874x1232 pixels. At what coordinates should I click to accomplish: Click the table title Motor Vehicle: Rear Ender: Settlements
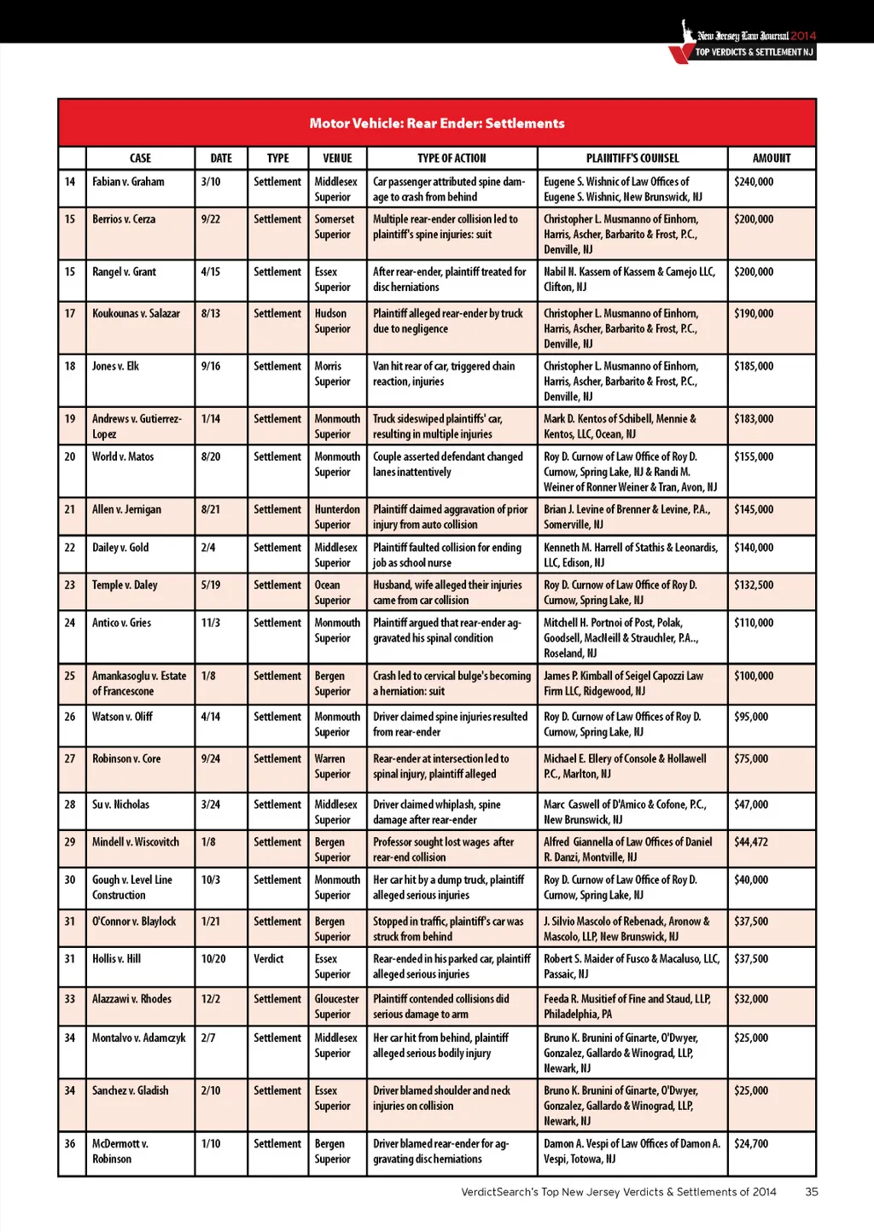click(437, 123)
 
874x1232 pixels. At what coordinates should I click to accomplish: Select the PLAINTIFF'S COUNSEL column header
click(632, 158)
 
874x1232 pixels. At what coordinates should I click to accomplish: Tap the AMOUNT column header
click(772, 158)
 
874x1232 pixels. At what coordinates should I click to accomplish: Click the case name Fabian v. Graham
click(128, 182)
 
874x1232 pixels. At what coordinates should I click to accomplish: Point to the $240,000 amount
click(754, 182)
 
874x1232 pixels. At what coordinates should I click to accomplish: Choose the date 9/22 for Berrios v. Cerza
click(210, 219)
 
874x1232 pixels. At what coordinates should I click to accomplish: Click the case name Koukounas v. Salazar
click(136, 313)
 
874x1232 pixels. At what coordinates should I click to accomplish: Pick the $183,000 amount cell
click(754, 419)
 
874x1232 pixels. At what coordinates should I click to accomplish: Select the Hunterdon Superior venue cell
click(337, 517)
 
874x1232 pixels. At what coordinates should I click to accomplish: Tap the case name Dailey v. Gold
click(120, 547)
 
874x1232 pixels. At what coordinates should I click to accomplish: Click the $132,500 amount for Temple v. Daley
click(754, 585)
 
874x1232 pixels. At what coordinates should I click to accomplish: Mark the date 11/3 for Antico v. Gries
click(210, 623)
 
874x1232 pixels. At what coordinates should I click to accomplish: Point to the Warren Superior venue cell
click(332, 766)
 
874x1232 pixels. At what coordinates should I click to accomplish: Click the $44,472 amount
click(751, 842)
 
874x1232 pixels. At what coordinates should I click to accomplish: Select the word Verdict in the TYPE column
click(268, 959)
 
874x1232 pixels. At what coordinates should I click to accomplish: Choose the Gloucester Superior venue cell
click(336, 1007)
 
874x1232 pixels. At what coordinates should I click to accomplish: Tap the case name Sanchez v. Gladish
click(130, 1090)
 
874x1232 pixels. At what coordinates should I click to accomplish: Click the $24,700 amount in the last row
click(751, 1143)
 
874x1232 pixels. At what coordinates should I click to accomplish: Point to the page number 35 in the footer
click(811, 1192)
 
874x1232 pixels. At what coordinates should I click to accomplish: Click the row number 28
click(70, 805)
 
